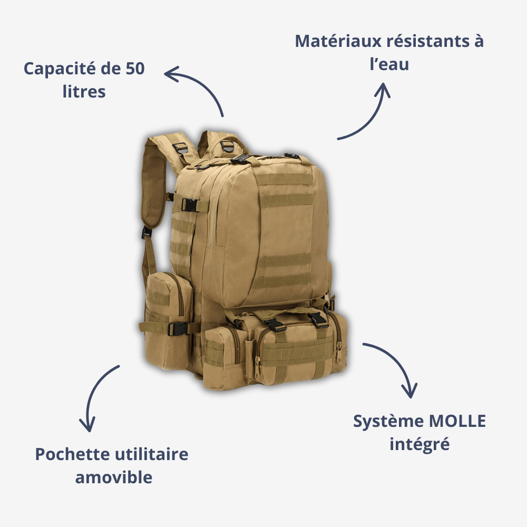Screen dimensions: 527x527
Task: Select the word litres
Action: pos(84,92)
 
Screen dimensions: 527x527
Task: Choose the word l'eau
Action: pos(389,64)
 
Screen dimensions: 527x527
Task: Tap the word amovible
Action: pos(114,477)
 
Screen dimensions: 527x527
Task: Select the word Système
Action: pos(388,422)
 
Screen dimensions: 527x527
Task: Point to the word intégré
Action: pos(419,444)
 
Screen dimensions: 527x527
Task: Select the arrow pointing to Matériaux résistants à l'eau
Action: pos(369,116)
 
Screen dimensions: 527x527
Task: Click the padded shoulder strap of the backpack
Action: pos(156,179)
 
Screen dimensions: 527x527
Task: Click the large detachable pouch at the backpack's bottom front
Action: pos(295,348)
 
